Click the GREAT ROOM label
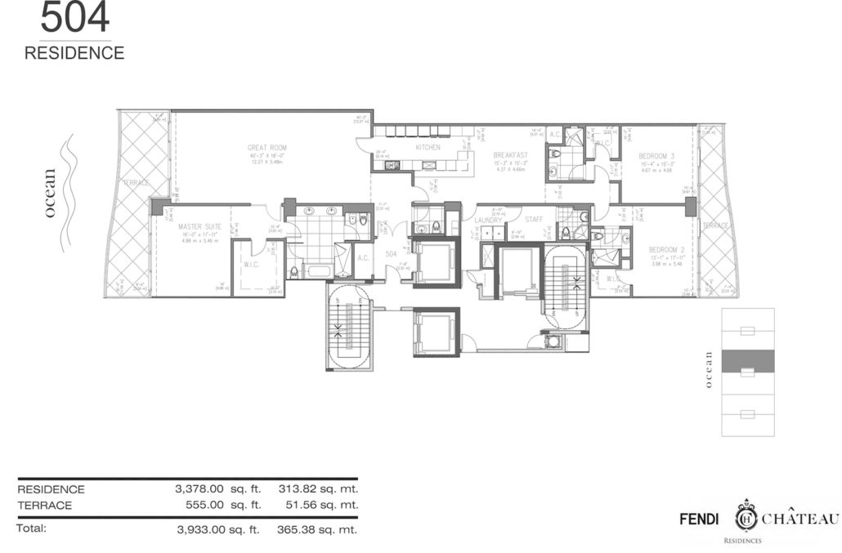pos(267,148)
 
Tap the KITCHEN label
pos(428,148)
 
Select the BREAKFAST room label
pos(510,154)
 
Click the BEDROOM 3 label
pos(656,155)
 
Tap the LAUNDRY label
pos(488,220)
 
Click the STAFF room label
pos(534,220)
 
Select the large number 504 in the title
pos(74,19)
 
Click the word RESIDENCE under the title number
pos(74,53)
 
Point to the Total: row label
pos(32,528)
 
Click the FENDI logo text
pos(701,519)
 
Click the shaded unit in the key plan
pos(748,359)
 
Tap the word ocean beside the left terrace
pos(51,193)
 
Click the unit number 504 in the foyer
pos(391,254)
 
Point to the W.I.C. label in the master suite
pos(251,264)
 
